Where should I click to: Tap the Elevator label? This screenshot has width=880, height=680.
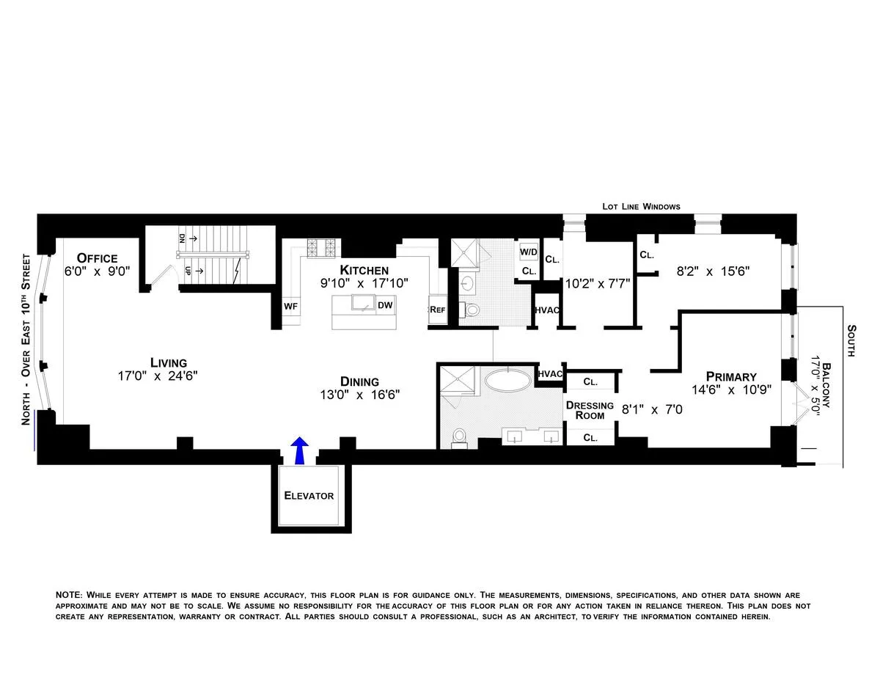(309, 496)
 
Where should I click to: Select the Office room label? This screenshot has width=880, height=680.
(97, 258)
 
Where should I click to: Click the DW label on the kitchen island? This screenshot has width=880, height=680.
(385, 305)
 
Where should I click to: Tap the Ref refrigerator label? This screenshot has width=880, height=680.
(437, 310)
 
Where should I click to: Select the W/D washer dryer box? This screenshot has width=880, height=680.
(528, 252)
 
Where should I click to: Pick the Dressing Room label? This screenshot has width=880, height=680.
(590, 410)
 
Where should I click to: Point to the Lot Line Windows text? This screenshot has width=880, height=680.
(641, 207)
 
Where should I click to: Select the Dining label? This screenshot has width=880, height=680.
(359, 381)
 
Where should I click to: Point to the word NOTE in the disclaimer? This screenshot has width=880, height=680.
(70, 594)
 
